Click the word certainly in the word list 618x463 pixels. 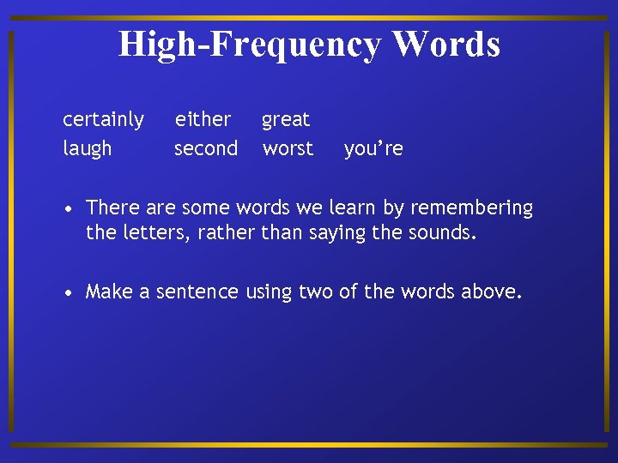coord(103,119)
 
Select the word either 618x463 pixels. coord(203,119)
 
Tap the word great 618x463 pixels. coord(286,119)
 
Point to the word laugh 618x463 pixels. coord(88,149)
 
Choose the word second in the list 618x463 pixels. coord(206,148)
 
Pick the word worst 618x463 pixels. coord(288,148)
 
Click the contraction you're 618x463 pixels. coord(373,149)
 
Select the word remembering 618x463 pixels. coord(473,208)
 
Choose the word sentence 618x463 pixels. coord(197,292)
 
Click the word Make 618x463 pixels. coord(108,292)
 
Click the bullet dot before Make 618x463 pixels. coord(68,292)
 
